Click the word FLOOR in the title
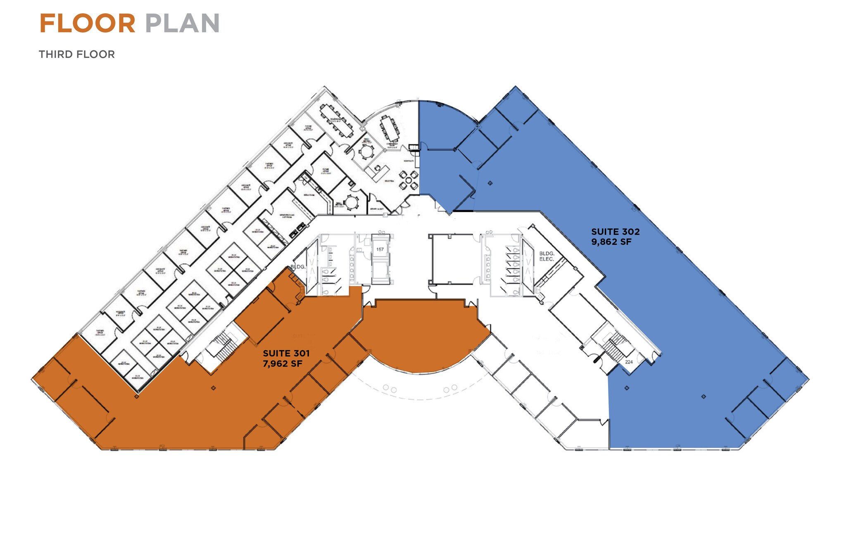point(87,24)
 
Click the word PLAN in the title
point(182,24)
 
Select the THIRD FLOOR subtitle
point(77,54)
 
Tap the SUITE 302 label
point(615,232)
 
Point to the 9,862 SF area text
point(611,242)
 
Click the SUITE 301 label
point(286,353)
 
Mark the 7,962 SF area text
point(283,364)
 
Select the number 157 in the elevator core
point(380,249)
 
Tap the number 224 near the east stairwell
point(629,362)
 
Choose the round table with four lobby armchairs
point(409,180)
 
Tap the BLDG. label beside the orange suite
point(297,267)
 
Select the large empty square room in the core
point(453,259)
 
